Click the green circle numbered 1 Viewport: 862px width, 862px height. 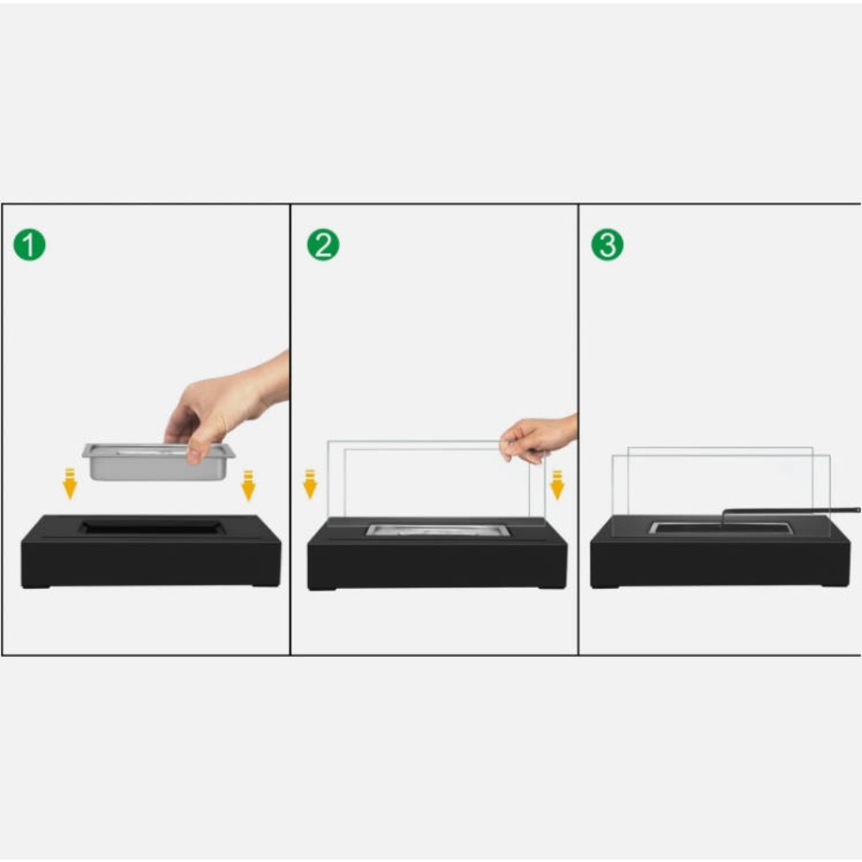coord(29,245)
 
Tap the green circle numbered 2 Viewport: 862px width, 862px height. coord(323,245)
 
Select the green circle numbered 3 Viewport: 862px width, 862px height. coord(608,245)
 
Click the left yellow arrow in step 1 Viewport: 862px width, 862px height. coord(70,484)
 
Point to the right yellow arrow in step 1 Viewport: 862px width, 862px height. coord(248,485)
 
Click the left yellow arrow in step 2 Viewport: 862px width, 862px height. coord(310,484)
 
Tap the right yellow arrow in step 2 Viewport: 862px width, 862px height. coord(558,484)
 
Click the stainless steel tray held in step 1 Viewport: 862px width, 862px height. coord(159,461)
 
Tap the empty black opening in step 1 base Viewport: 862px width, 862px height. coord(151,528)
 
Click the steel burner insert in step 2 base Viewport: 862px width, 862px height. coord(438,530)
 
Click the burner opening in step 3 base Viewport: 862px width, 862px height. coord(720,528)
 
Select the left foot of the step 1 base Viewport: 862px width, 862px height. coord(36,585)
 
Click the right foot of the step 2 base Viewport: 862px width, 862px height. coord(552,587)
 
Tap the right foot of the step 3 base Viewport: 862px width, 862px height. coord(834,584)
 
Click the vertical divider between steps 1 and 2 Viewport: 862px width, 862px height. coord(290,429)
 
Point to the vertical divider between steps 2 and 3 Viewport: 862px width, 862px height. coord(578,429)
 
